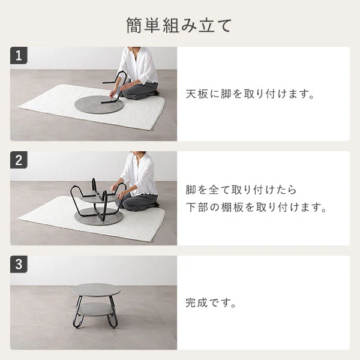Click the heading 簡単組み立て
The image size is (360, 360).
tap(179, 25)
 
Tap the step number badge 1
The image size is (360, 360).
tap(19, 56)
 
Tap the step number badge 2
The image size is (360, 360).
tap(19, 160)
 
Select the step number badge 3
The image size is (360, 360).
tap(19, 264)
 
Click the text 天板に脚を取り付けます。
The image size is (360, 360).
tap(250, 94)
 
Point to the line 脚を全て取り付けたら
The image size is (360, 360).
tap(241, 190)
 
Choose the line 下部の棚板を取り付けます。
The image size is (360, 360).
tap(256, 208)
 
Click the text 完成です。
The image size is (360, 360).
tap(211, 303)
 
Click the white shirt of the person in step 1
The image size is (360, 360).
tap(138, 65)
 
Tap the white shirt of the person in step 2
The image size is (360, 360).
tap(140, 175)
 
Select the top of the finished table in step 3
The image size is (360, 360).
tap(96, 290)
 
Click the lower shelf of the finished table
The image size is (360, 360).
tap(95, 309)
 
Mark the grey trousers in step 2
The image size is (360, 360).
tap(140, 202)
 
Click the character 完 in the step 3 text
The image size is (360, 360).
tap(191, 303)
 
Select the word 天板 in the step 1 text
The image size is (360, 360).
tap(197, 94)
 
